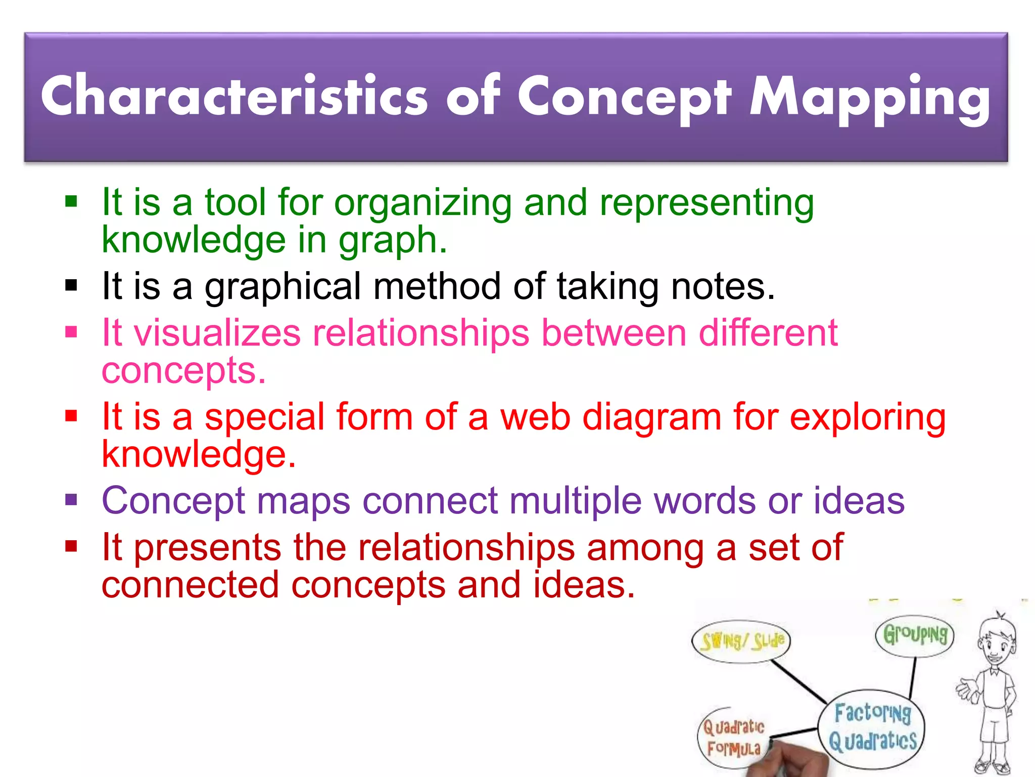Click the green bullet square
click(x=71, y=202)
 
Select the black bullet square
click(x=71, y=286)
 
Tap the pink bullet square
click(x=71, y=332)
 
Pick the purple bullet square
click(x=71, y=500)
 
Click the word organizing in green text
click(x=423, y=203)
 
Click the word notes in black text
click(x=717, y=286)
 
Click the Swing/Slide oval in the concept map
click(x=741, y=641)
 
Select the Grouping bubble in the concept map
click(x=915, y=635)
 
